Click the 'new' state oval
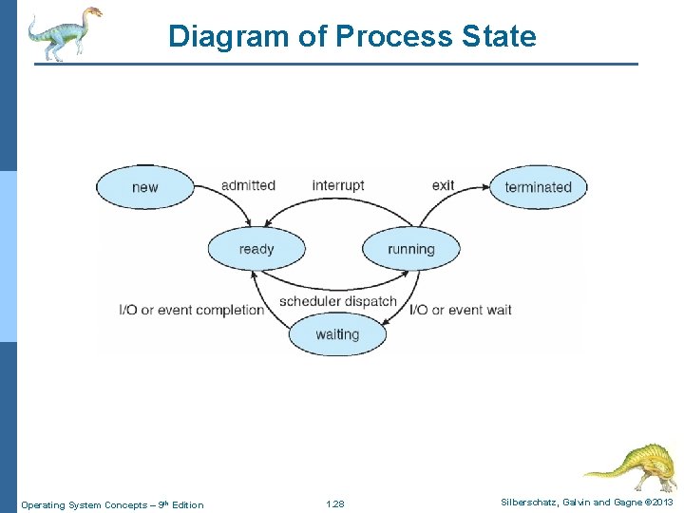[144, 187]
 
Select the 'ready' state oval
[256, 249]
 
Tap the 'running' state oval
[410, 249]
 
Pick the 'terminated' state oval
[538, 187]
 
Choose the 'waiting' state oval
[337, 334]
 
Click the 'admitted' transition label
[248, 185]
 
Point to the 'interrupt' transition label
[338, 185]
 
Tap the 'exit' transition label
[443, 185]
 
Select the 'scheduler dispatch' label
[338, 301]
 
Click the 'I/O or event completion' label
[191, 310]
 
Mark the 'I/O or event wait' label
[461, 310]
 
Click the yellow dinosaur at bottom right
[632, 465]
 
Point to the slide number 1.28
[334, 504]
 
